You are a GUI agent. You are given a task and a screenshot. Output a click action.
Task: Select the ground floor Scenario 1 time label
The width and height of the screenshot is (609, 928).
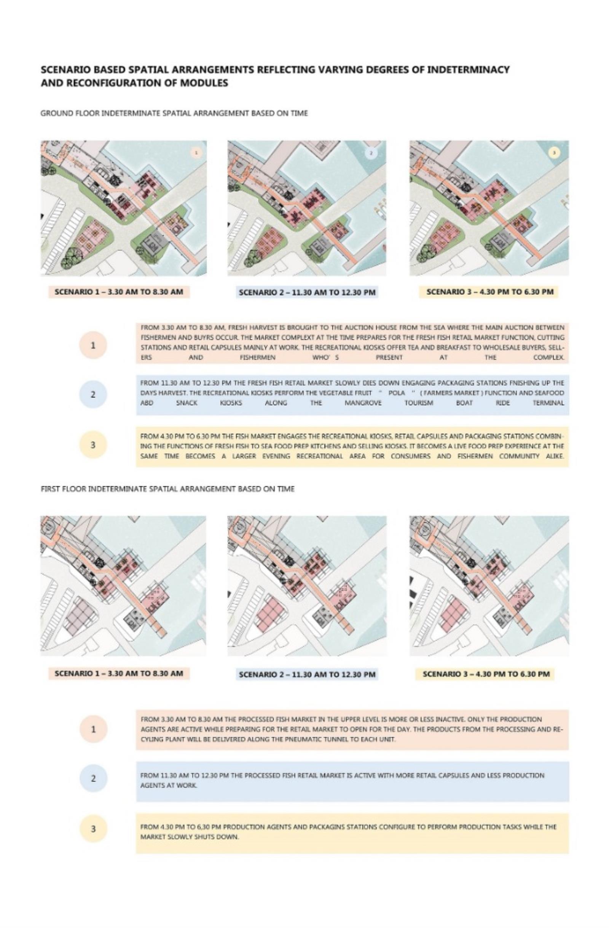(119, 292)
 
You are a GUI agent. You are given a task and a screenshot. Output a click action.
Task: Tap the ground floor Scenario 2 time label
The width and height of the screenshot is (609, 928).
(307, 292)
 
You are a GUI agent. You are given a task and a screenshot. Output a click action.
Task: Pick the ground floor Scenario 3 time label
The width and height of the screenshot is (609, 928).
(490, 292)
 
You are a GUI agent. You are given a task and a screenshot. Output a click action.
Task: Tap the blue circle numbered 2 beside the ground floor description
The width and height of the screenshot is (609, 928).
(93, 395)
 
